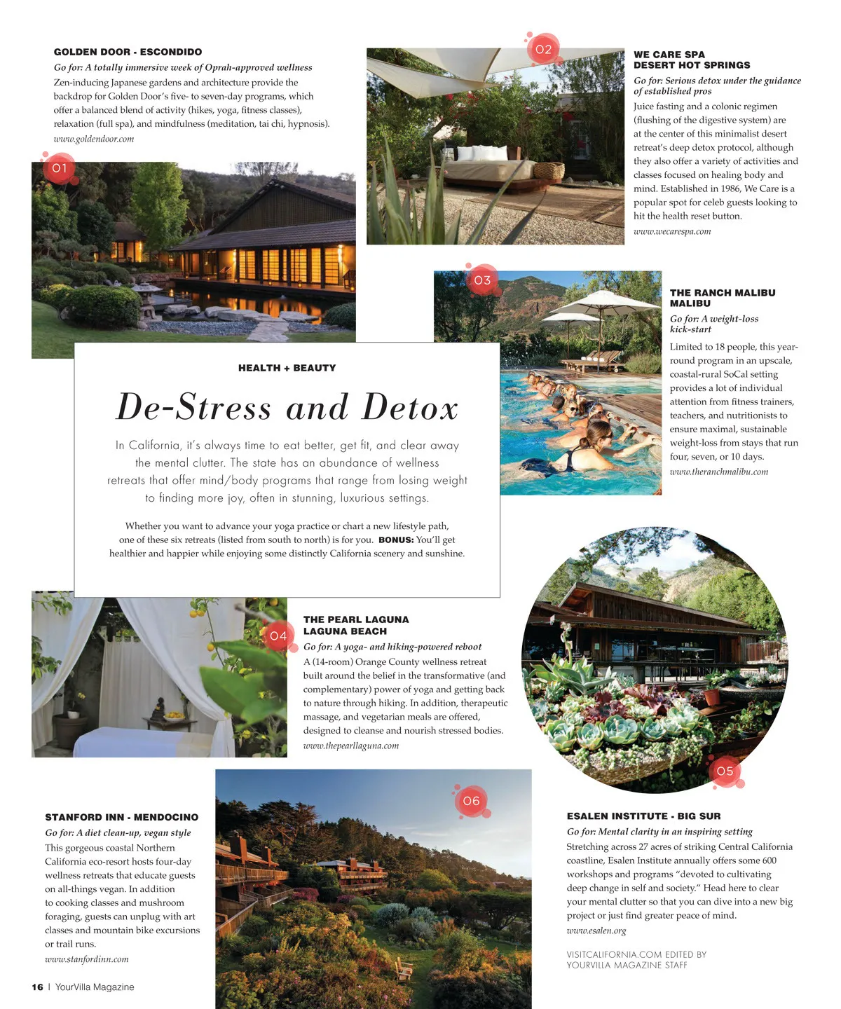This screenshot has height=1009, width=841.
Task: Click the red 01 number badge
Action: click(x=60, y=168)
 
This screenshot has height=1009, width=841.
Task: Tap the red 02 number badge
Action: click(x=543, y=49)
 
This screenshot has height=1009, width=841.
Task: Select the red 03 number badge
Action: click(x=482, y=280)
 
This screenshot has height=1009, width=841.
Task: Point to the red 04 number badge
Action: click(x=278, y=636)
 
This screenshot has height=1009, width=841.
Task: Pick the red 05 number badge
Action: click(x=725, y=771)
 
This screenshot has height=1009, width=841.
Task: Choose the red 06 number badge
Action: click(x=472, y=801)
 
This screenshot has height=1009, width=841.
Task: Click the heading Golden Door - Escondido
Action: click(x=128, y=52)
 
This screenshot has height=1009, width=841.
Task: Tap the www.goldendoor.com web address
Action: click(x=94, y=139)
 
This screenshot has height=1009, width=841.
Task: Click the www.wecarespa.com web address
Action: click(x=672, y=231)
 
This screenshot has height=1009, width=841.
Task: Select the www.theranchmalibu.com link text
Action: click(x=718, y=472)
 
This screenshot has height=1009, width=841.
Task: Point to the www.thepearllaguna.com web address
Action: click(x=350, y=746)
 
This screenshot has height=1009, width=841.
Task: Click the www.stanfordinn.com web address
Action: click(x=87, y=959)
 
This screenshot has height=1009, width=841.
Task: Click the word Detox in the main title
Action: click(x=410, y=408)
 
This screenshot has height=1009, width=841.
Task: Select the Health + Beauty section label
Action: click(x=287, y=368)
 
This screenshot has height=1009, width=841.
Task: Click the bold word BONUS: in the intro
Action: click(x=396, y=540)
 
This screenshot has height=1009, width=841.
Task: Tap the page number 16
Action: click(x=37, y=987)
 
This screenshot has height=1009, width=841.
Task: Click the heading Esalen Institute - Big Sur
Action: click(x=643, y=816)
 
